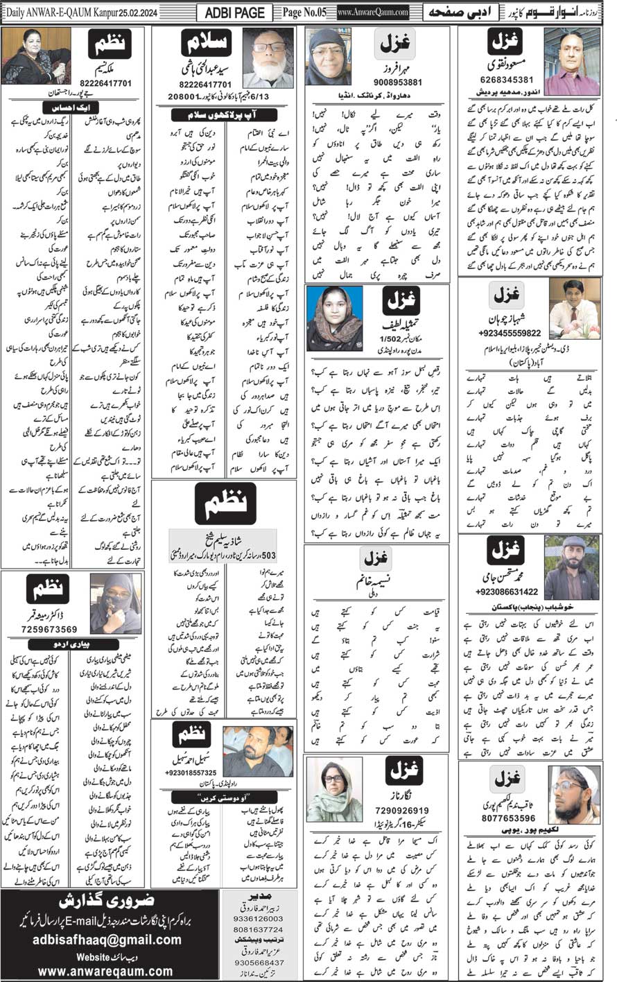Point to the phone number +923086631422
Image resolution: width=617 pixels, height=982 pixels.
click(x=507, y=592)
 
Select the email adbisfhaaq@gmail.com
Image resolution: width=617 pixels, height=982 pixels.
click(x=107, y=940)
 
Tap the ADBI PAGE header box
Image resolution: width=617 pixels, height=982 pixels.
click(x=236, y=12)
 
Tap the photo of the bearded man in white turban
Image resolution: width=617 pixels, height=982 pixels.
click(x=573, y=794)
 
